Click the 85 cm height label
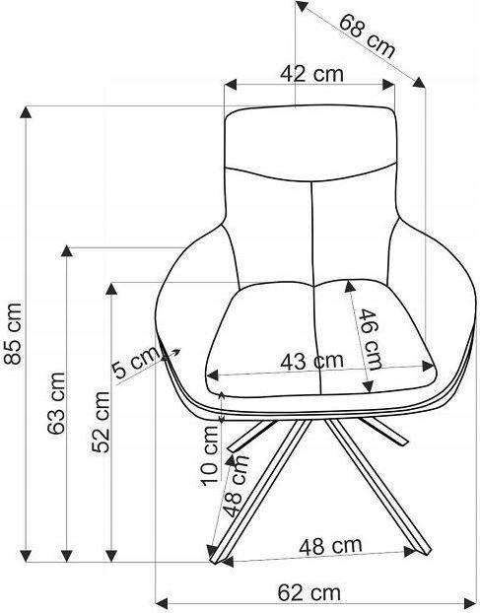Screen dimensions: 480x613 13,333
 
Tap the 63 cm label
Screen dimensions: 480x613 56,403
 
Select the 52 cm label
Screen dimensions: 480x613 101,422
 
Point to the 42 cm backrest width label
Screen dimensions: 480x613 311,74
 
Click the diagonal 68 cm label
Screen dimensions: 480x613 367,35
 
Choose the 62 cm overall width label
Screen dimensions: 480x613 309,592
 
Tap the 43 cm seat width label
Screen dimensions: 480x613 311,361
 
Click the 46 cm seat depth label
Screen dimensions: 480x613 370,339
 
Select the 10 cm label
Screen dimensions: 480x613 210,455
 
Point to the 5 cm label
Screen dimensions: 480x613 136,364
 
